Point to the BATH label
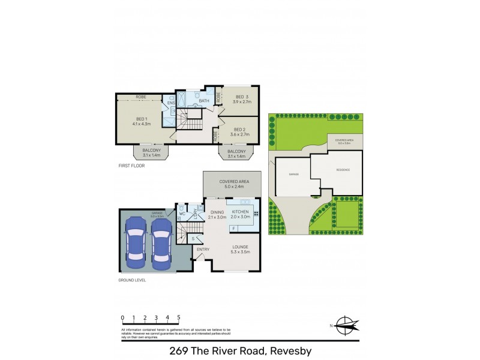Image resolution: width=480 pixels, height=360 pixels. coord(203,100)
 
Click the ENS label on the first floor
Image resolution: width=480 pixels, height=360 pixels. coord(170,103)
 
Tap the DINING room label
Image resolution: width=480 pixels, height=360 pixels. coord(217,211)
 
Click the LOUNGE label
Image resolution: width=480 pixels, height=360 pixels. coord(239,247)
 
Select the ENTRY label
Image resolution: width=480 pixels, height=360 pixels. coord(203,249)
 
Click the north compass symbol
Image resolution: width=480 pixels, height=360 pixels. coord(345,325)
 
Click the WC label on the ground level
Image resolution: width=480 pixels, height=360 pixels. coord(181,213)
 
